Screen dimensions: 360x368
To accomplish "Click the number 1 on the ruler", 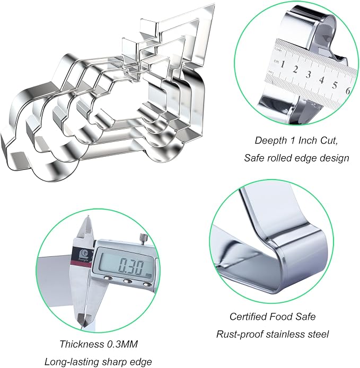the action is coord(283,64).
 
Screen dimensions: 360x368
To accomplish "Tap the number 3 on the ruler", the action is coord(309,75).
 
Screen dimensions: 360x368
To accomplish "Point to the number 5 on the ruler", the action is coord(335,85).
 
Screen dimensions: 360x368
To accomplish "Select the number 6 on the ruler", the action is coord(348,91).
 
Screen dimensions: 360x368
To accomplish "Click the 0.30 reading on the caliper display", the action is coord(130,266).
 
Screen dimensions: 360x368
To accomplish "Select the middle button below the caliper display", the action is coord(128,281).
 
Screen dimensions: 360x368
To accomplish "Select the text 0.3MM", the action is coord(122,344).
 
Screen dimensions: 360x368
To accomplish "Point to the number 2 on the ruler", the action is coord(295,69).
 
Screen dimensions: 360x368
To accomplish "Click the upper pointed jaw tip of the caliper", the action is coord(88,216).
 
